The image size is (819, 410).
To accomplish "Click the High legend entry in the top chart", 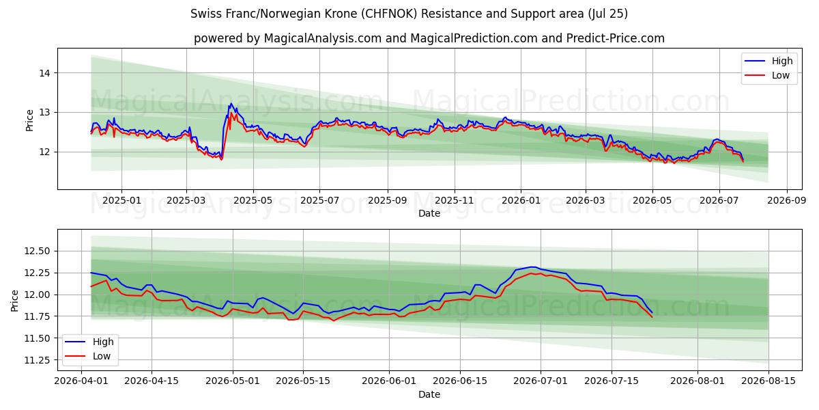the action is click(768, 61).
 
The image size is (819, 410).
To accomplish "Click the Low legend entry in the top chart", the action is click(767, 75).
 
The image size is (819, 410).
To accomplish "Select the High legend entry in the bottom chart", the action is click(89, 342).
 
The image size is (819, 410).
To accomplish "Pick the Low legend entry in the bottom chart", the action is click(88, 356).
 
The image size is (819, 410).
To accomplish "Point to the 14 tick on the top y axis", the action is click(44, 73).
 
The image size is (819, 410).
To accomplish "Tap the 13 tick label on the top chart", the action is click(44, 112).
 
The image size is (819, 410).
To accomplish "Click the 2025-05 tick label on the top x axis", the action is click(253, 201).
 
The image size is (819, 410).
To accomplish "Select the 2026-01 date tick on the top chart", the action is click(521, 201).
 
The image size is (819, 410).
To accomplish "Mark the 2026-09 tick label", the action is click(787, 201).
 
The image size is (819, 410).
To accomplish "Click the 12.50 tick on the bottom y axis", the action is click(37, 251).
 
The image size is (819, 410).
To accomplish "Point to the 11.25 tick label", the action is click(37, 360).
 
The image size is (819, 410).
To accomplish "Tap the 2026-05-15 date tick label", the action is click(303, 381).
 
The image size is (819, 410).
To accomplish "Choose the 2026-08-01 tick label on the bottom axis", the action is click(698, 381).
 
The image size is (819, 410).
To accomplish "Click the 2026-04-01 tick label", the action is click(81, 381).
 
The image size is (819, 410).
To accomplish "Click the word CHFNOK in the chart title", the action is click(390, 14).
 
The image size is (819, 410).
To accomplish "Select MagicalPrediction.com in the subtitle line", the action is click(474, 38).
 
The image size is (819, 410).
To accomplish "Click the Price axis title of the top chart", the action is click(29, 120).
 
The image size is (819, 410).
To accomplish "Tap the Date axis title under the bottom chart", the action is click(429, 394).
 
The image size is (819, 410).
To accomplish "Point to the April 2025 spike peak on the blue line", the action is click(231, 104).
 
